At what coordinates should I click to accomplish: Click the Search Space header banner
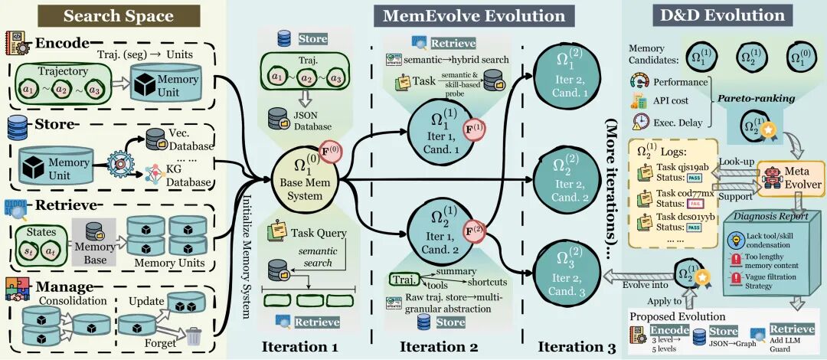113,15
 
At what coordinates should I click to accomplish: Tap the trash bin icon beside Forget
194,335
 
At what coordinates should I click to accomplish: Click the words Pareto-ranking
747,98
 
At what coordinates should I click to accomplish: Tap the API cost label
671,100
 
